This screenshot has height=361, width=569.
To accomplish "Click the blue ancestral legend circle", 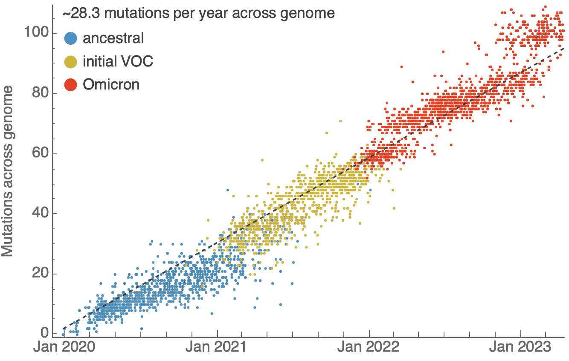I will (x=70, y=39).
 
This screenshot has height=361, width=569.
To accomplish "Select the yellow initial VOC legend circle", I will (x=70, y=62).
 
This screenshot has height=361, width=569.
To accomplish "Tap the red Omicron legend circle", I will (x=70, y=85).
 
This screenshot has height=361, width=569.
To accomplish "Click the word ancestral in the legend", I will (x=113, y=38).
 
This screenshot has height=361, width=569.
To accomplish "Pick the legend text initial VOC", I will (x=118, y=61).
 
